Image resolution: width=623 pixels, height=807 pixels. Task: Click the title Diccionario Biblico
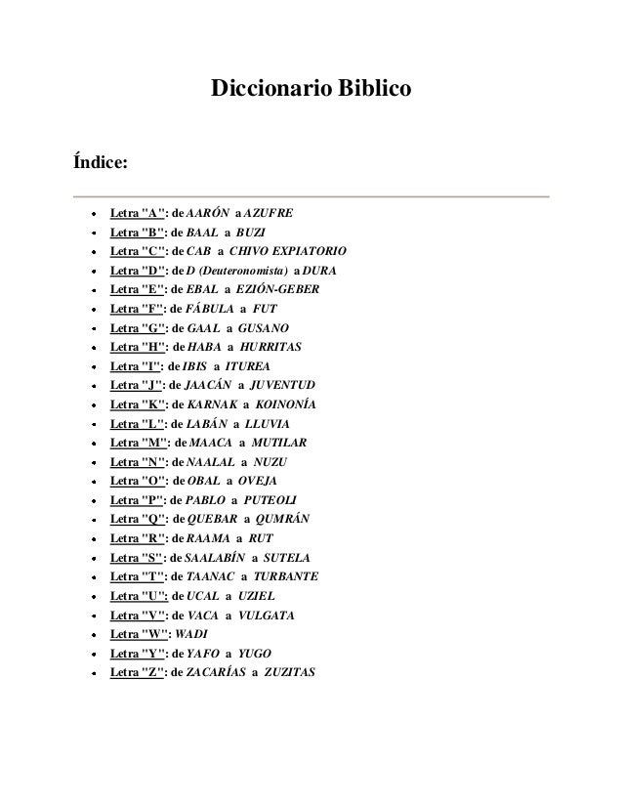311,92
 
